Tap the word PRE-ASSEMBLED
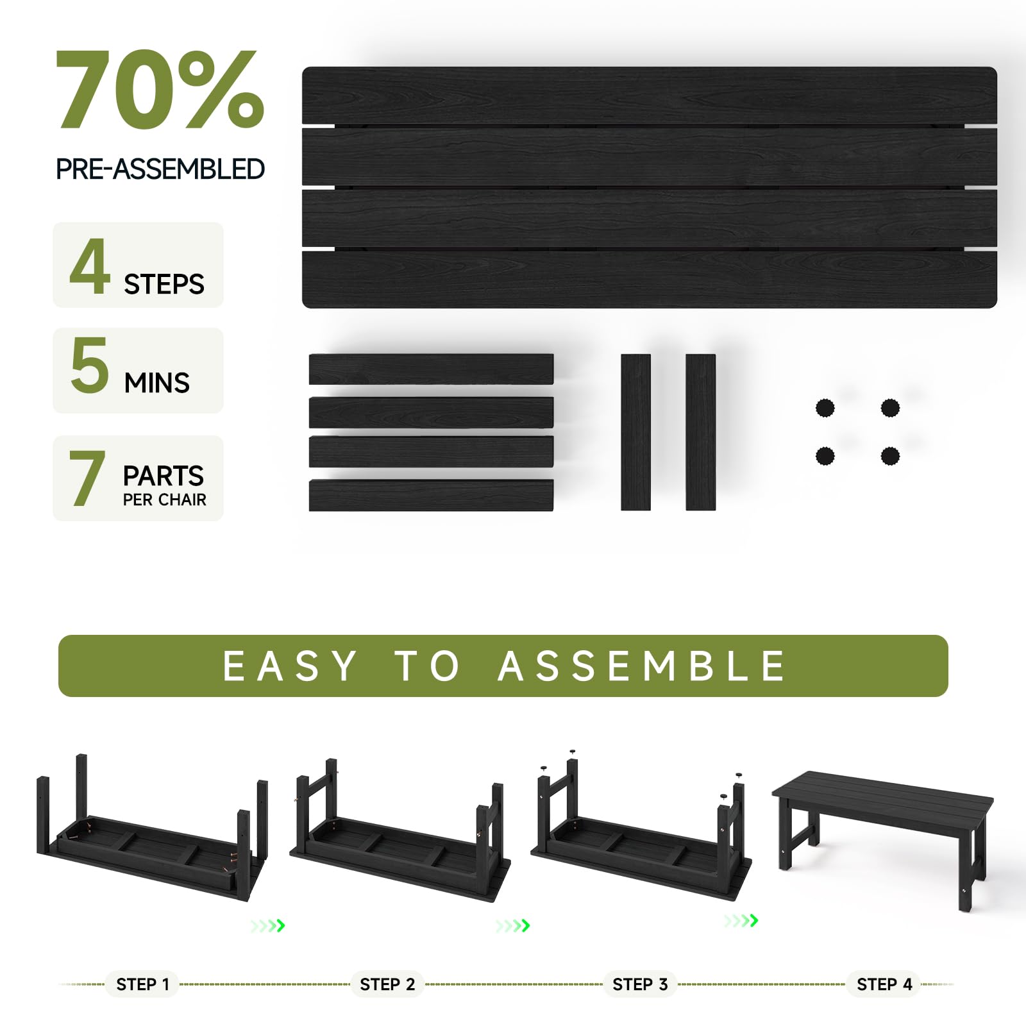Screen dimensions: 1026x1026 point(160,169)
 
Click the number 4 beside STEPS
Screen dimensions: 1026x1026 point(90,267)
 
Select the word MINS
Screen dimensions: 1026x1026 point(157,383)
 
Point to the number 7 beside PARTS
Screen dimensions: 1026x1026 point(87,478)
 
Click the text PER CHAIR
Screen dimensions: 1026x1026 point(165,500)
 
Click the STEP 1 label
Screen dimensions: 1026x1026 point(143,984)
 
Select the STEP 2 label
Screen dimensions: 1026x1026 point(387,984)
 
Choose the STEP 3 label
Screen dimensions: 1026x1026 point(640,984)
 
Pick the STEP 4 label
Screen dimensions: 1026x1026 point(884,984)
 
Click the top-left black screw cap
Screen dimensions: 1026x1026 point(825,408)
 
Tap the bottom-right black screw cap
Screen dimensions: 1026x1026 point(890,457)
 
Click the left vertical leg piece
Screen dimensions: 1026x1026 point(635,432)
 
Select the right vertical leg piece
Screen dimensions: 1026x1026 point(700,432)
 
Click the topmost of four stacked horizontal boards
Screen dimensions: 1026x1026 point(431,369)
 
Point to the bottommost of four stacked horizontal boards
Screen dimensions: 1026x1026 point(431,496)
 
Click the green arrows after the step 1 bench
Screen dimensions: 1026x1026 point(268,925)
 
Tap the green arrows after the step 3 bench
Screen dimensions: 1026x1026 point(741,921)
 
